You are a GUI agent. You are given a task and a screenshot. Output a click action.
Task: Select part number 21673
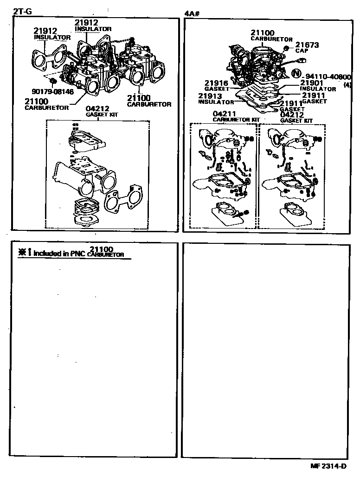pos(307,45)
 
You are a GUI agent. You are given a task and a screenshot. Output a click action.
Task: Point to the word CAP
pos(302,51)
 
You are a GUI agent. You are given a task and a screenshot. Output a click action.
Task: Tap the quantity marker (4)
pos(347,84)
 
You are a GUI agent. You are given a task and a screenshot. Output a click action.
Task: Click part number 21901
pos(312,83)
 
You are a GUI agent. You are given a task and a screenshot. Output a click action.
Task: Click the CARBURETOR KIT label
pos(236,120)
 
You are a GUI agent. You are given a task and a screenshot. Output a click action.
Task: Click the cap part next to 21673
pos(286,48)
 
